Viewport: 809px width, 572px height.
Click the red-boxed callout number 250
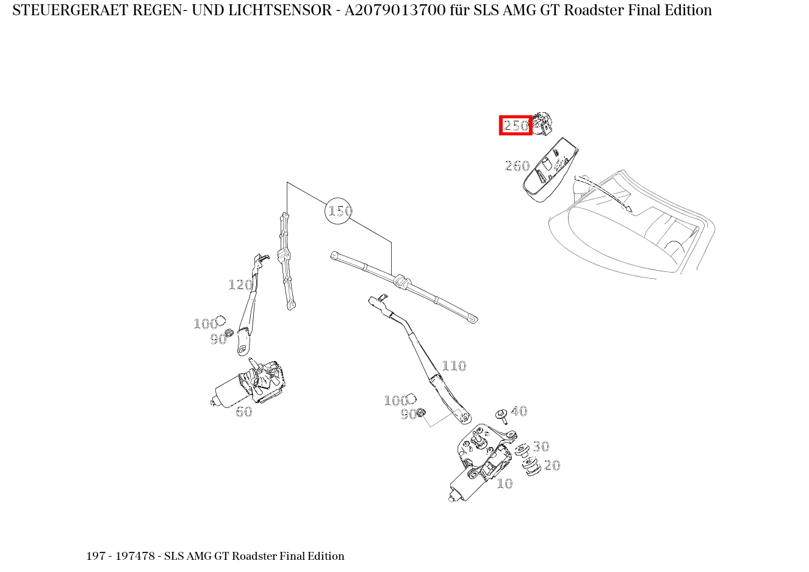(516, 126)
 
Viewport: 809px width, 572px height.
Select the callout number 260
(517, 166)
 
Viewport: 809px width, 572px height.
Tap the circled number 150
(339, 211)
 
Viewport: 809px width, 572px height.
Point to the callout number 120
(240, 285)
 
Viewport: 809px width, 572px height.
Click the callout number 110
(453, 366)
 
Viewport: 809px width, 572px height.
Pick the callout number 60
(244, 412)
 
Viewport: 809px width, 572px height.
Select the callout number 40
(519, 411)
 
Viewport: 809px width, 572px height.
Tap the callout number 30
(541, 446)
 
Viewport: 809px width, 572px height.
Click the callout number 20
(552, 465)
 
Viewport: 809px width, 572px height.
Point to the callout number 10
(505, 484)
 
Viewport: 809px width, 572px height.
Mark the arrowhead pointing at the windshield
(628, 209)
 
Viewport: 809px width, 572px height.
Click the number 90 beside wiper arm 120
(218, 340)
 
